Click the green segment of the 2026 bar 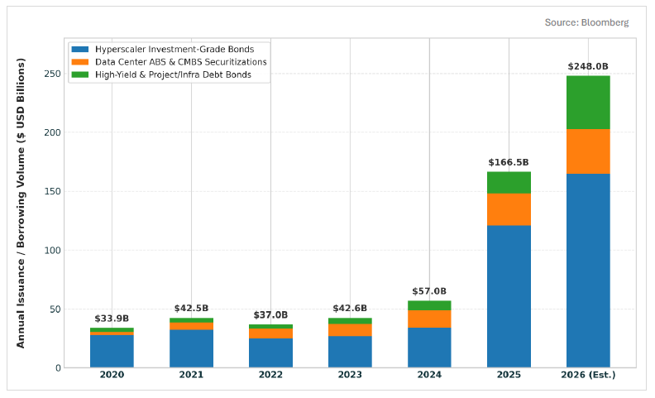(x=588, y=103)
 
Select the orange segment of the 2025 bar (x=509, y=209)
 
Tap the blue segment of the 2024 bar (x=429, y=348)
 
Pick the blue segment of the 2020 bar (x=112, y=352)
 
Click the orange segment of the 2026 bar (x=588, y=151)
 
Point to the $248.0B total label (x=588, y=66)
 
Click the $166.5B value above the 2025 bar (x=509, y=162)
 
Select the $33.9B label (x=112, y=319)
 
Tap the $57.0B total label (x=429, y=291)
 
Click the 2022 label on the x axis (x=270, y=375)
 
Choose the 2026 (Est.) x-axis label (x=588, y=375)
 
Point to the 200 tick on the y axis (x=53, y=132)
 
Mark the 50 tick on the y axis (x=55, y=309)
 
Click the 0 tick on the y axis (x=59, y=368)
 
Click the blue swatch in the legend (x=80, y=50)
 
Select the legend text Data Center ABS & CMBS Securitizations (x=181, y=62)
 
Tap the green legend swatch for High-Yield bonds (x=80, y=74)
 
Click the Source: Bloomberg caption (x=586, y=22)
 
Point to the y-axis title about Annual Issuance (x=21, y=204)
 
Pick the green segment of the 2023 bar (x=350, y=321)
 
